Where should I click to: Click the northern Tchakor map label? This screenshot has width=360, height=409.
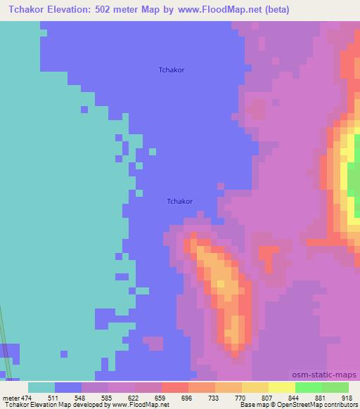[x=172, y=70]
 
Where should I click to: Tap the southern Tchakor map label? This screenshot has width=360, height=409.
[x=180, y=201]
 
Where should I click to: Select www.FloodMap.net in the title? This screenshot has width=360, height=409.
[x=222, y=9]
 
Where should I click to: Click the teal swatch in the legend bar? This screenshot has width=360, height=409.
[x=41, y=387]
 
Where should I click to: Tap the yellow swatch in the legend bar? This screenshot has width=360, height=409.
[x=281, y=387]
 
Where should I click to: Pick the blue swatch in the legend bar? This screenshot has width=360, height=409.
[x=67, y=387]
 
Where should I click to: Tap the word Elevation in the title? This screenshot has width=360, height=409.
[x=63, y=9]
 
